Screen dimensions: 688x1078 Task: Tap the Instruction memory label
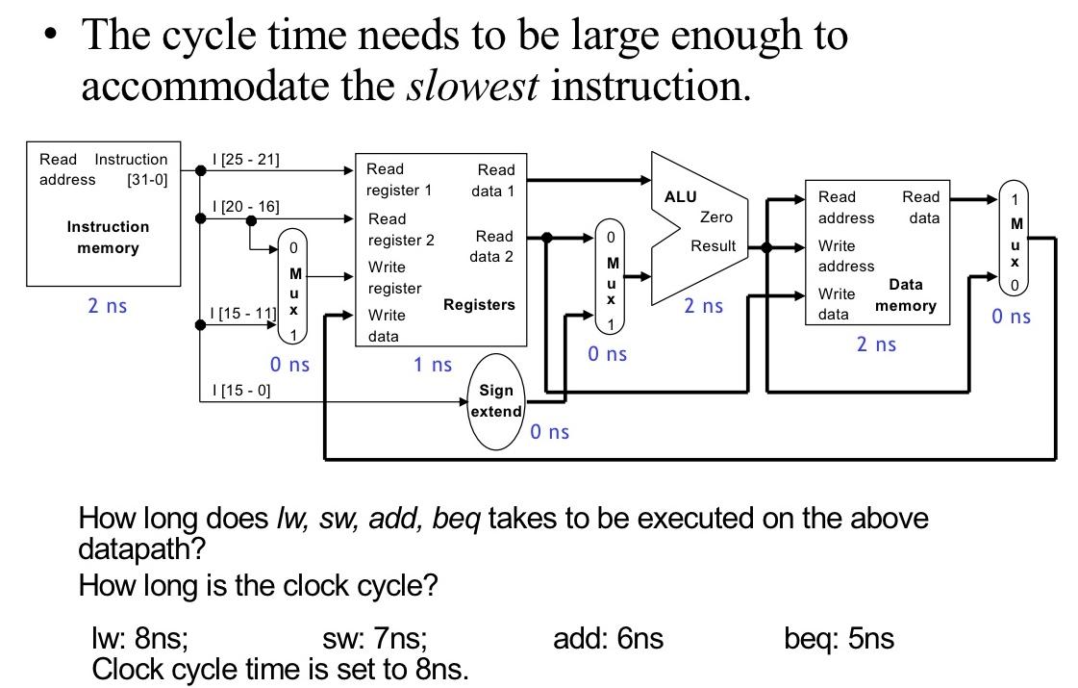(x=108, y=238)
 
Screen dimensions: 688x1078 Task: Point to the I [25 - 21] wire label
(x=245, y=160)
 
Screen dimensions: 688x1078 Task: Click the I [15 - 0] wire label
(x=240, y=391)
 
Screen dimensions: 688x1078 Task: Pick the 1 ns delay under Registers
(x=433, y=365)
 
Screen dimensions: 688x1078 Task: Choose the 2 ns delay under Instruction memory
(x=107, y=306)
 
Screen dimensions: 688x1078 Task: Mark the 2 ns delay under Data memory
(x=876, y=344)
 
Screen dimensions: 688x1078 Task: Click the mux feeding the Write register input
(x=292, y=287)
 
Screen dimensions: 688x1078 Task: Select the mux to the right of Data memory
(x=1015, y=239)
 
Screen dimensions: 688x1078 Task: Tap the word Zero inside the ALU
(x=716, y=217)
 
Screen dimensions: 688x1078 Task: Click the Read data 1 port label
(x=493, y=180)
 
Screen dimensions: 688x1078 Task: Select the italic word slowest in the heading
(x=473, y=86)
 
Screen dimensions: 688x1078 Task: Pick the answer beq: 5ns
(x=839, y=638)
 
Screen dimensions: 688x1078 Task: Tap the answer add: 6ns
(x=608, y=638)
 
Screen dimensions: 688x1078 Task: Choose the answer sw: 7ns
(x=375, y=638)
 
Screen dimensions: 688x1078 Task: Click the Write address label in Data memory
(x=846, y=256)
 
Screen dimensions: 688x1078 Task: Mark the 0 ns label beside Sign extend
(x=549, y=432)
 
